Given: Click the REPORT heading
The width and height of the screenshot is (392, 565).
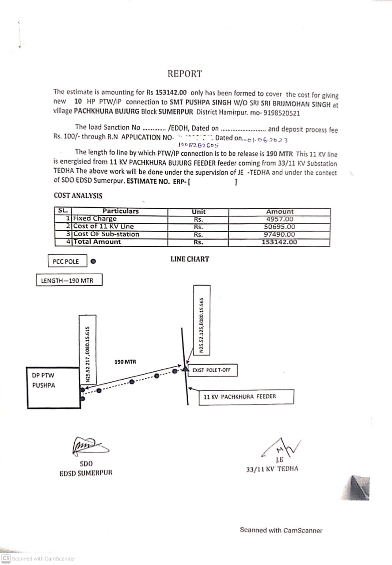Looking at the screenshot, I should click(x=184, y=74).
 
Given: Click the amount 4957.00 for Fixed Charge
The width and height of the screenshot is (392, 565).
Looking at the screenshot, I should click(x=280, y=219).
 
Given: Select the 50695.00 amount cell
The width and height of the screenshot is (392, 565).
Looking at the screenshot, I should click(x=280, y=227).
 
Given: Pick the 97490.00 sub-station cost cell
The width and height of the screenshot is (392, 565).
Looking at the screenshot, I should click(x=280, y=234).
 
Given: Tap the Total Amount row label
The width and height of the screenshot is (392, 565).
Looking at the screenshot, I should click(x=97, y=242).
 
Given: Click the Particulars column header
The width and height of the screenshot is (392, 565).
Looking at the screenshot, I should click(x=120, y=211).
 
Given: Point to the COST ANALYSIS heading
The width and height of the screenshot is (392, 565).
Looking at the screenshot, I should click(x=78, y=196).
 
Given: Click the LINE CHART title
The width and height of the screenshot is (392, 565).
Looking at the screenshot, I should click(x=190, y=259).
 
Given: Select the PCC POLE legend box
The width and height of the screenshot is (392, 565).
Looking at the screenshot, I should click(x=66, y=262).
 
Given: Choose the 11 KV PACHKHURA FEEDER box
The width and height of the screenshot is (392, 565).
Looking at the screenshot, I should click(x=246, y=396).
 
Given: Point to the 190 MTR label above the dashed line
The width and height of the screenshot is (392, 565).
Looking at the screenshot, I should click(x=125, y=362).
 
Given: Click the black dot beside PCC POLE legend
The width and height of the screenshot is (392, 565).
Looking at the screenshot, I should click(x=93, y=261).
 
